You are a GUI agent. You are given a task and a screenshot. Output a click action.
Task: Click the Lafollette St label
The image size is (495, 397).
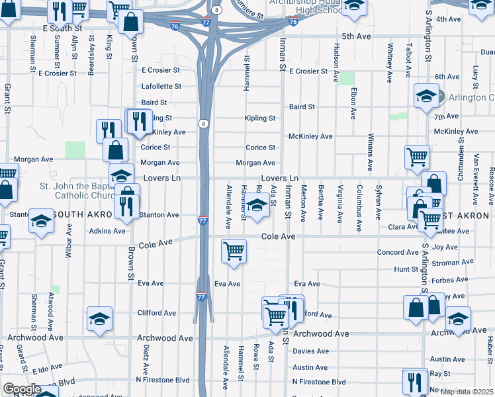click(161, 87)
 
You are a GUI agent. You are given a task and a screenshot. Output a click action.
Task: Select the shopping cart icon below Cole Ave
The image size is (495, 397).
click(234, 251)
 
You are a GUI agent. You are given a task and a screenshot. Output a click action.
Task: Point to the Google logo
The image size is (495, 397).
click(22, 389)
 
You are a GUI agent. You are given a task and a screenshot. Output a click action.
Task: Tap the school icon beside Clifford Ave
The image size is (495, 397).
click(99, 319)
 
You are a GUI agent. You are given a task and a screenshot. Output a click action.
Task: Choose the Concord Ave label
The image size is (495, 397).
click(398, 252)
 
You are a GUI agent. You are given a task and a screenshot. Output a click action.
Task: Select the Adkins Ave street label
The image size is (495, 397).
click(107, 232)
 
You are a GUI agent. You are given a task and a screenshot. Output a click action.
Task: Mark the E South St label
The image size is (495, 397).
click(62, 29)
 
